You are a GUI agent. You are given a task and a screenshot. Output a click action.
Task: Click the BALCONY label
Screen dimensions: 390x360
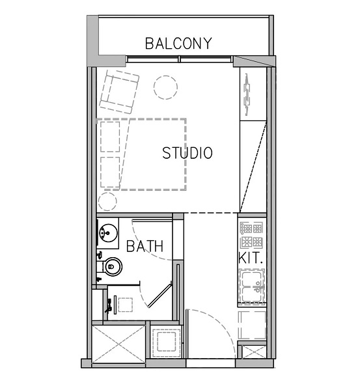178,44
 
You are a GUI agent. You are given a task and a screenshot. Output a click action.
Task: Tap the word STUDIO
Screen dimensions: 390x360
187,154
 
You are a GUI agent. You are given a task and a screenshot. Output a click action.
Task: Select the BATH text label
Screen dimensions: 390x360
145,247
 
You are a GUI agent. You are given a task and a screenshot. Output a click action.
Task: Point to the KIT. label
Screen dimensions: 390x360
251,258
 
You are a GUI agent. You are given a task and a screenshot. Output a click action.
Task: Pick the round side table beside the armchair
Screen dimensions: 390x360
165,87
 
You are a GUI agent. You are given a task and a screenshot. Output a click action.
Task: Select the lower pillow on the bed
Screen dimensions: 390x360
111,171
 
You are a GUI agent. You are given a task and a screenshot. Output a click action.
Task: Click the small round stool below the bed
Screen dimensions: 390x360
104,200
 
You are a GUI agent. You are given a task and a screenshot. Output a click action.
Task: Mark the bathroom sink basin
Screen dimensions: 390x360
106,232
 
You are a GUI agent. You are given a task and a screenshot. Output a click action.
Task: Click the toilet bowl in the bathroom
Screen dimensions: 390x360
112,266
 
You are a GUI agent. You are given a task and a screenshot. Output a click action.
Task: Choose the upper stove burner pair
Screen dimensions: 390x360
251,229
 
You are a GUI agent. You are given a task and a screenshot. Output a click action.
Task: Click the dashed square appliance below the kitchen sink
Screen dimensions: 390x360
251,324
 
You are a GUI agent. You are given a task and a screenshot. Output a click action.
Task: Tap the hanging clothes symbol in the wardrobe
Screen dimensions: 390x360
247,92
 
